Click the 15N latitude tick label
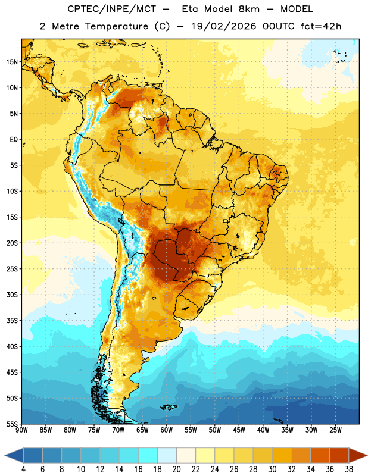pyautogui.click(x=12, y=62)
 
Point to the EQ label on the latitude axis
pyautogui.click(x=14, y=140)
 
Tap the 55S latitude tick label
pyautogui.click(x=12, y=424)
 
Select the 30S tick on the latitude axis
pyautogui.click(x=12, y=295)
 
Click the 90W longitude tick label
pyautogui.click(x=21, y=430)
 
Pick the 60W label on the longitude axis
pyautogui.click(x=167, y=430)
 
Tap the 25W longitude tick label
pyautogui.click(x=335, y=430)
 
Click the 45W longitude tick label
pyautogui.click(x=239, y=430)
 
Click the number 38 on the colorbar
pyautogui.click(x=349, y=469)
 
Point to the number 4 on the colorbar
pyautogui.click(x=23, y=469)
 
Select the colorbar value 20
pyautogui.click(x=176, y=469)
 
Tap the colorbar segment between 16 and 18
pyautogui.click(x=148, y=455)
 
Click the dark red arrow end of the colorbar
pyautogui.click(x=358, y=455)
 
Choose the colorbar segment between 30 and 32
pyautogui.click(x=282, y=455)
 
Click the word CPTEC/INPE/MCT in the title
pyautogui.click(x=112, y=9)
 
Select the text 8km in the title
pyautogui.click(x=249, y=9)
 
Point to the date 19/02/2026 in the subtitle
pyautogui.click(x=224, y=26)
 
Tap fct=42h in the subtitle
pyautogui.click(x=321, y=26)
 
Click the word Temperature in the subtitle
pyautogui.click(x=117, y=26)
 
